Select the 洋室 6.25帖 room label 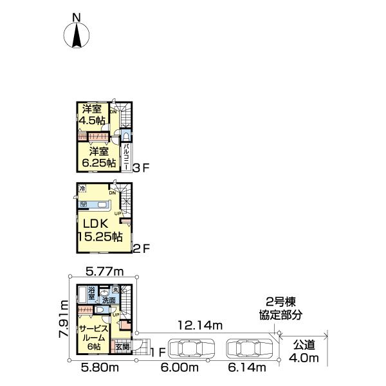(98, 156)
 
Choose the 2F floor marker (140, 247)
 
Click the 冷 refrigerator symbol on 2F (82, 188)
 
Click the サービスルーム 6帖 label (92, 337)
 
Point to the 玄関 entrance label (123, 347)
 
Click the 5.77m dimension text (105, 272)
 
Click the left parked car (190, 349)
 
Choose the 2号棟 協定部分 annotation (283, 309)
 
